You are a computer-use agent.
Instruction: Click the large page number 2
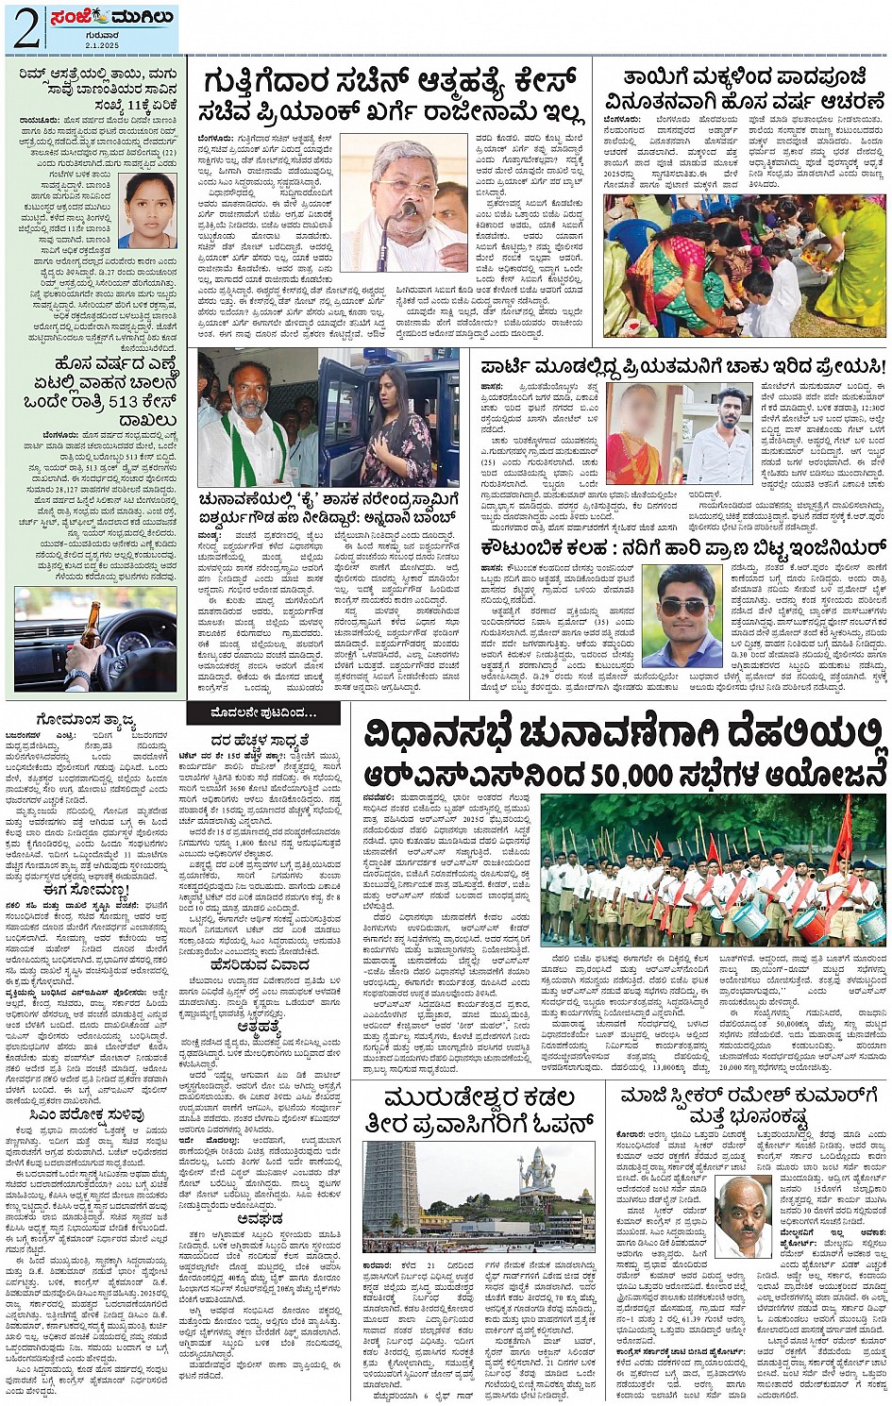[x=25, y=28]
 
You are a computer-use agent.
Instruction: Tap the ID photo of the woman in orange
[x=146, y=210]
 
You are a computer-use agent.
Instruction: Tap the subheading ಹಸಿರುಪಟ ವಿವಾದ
[x=261, y=965]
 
